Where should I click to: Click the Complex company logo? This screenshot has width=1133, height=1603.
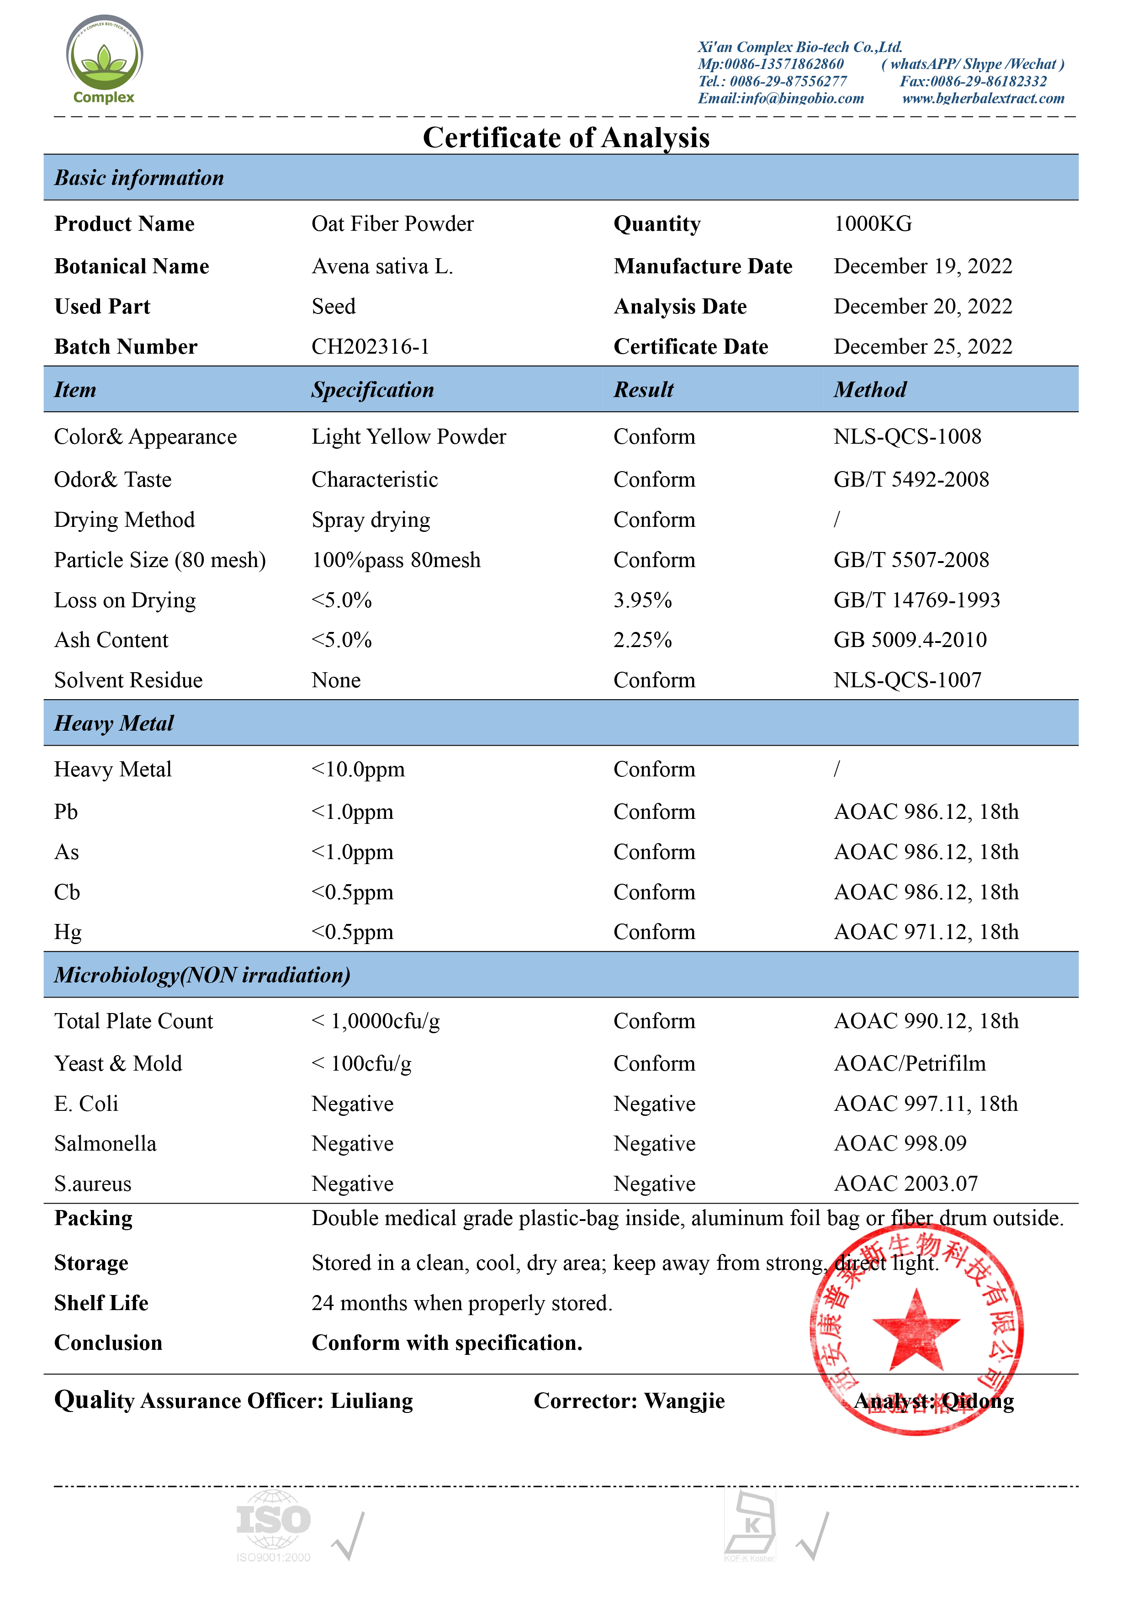[104, 59]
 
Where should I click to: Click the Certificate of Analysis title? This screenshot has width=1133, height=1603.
[566, 138]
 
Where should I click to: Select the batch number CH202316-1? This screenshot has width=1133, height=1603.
[370, 347]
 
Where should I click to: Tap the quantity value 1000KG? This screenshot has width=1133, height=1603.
[873, 224]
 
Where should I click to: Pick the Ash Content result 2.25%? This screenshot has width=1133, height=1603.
[642, 640]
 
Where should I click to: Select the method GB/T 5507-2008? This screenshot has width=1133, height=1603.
[911, 560]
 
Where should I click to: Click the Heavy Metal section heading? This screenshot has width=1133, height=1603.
[114, 723]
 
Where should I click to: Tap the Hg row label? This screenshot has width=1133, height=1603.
[68, 933]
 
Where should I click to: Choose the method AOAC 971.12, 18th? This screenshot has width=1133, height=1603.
[926, 933]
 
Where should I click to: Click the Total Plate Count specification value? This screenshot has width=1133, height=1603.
[376, 1021]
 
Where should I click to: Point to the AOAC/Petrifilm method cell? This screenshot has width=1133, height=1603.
[910, 1064]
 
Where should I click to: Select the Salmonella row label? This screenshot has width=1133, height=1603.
[106, 1144]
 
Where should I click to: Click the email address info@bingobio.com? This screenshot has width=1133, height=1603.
[802, 98]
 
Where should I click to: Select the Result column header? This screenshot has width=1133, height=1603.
[643, 390]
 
